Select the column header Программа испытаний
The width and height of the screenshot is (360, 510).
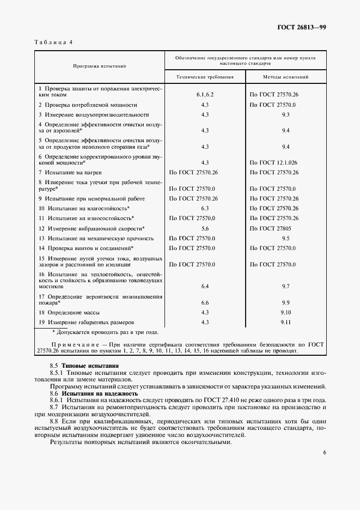pyautogui.click(x=100, y=66)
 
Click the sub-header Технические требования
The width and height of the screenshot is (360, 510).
pyautogui.click(x=205, y=77)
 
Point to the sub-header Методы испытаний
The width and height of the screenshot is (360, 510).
pyautogui.click(x=285, y=77)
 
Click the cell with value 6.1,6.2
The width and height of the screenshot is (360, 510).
pyautogui.click(x=205, y=94)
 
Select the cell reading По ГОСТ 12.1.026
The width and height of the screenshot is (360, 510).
pyautogui.click(x=273, y=162)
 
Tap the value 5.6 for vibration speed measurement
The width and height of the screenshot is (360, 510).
pyautogui.click(x=205, y=228)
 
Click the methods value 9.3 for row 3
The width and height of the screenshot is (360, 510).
pyautogui.click(x=285, y=114)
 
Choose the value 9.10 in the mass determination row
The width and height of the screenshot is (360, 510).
pyautogui.click(x=285, y=312)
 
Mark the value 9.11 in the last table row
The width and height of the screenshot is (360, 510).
pyautogui.click(x=285, y=322)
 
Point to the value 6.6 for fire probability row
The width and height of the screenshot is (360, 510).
pyautogui.click(x=205, y=302)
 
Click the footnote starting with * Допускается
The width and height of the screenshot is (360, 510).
pyautogui.click(x=105, y=332)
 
